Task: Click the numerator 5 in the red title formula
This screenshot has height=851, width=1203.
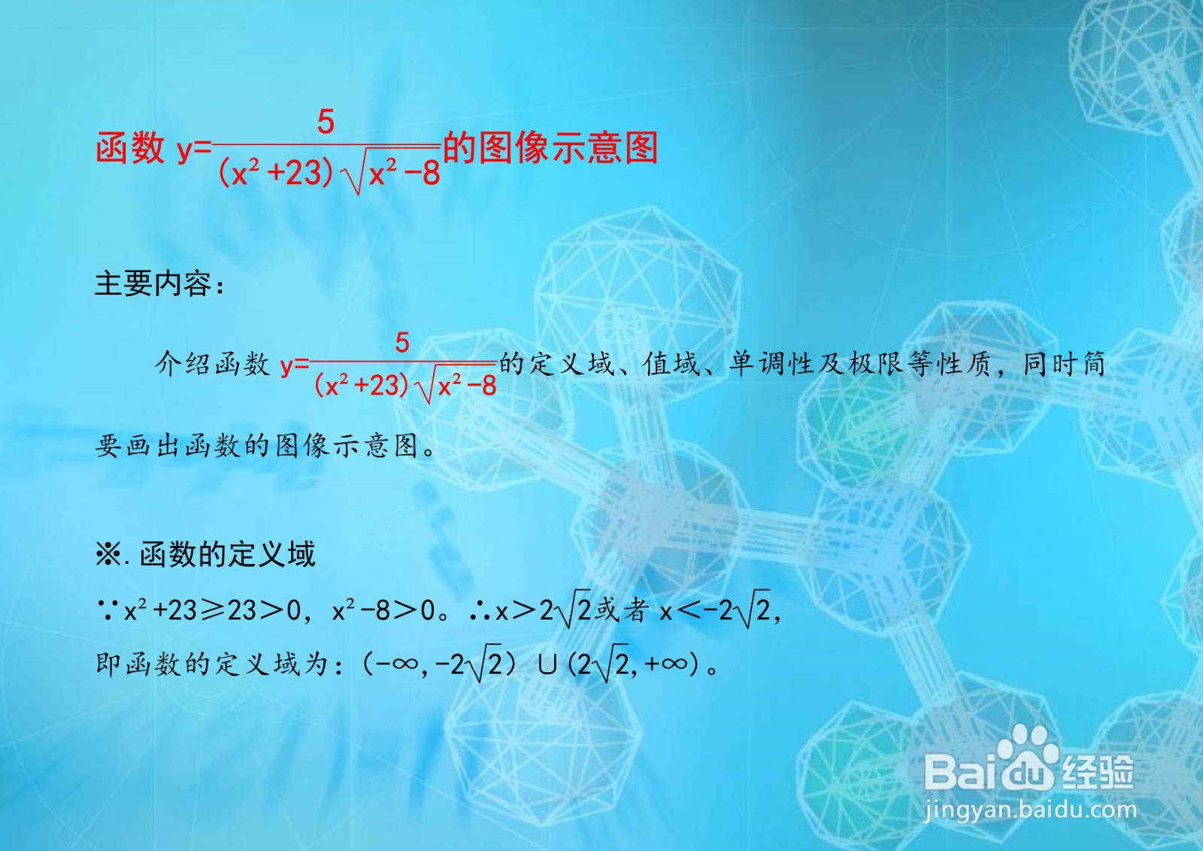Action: (326, 123)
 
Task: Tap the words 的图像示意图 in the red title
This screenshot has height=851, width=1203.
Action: (550, 147)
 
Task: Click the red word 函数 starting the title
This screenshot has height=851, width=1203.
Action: (130, 147)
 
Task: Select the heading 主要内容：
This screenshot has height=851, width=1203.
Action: (159, 284)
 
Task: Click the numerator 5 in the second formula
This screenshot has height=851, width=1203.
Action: (402, 344)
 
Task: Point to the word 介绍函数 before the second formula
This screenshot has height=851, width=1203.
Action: (212, 365)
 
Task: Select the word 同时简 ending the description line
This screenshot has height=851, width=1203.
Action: (1064, 365)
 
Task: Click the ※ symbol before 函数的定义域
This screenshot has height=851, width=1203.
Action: (109, 555)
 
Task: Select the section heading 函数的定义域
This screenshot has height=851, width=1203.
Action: (227, 555)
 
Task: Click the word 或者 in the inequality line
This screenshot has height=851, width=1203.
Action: (621, 610)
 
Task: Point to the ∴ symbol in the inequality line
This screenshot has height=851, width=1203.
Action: (480, 610)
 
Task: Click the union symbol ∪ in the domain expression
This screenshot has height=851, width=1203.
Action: (547, 665)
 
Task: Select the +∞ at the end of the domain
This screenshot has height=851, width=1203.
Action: (666, 665)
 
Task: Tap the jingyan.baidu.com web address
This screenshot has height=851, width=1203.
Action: (1029, 810)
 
